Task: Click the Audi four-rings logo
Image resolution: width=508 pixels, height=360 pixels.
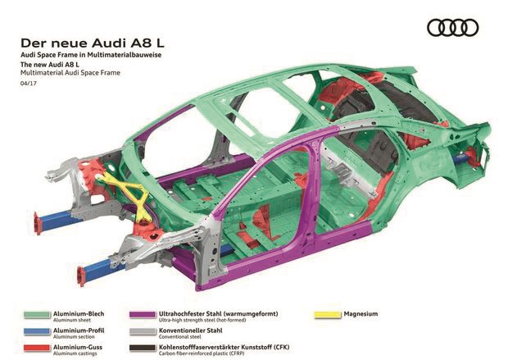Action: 452,28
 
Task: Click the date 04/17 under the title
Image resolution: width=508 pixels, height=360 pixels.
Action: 29,84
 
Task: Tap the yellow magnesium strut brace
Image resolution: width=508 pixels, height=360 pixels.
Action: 129,194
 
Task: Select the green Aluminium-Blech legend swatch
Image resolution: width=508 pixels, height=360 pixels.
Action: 37,315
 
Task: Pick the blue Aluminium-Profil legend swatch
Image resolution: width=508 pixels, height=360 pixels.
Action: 37,331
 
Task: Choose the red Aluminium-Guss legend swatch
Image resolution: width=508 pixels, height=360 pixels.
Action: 37,348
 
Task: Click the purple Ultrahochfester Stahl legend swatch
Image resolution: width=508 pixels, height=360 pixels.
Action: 143,315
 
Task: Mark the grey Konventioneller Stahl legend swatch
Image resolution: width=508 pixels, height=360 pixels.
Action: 143,331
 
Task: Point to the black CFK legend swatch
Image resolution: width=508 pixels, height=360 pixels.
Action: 143,348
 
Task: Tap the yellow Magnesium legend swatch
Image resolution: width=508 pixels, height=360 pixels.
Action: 328,315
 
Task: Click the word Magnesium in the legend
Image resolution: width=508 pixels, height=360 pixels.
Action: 361,314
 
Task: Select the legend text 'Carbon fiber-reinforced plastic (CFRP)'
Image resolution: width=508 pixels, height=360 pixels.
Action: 202,353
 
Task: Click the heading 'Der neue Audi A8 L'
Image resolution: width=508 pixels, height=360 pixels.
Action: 93,43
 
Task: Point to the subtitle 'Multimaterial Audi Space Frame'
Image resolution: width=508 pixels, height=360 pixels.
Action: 70,73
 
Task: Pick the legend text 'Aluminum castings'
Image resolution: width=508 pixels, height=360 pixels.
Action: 75,353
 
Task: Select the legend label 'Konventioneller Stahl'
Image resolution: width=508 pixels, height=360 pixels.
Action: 190,330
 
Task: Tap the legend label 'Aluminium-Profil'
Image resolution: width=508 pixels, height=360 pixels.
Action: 79,330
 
